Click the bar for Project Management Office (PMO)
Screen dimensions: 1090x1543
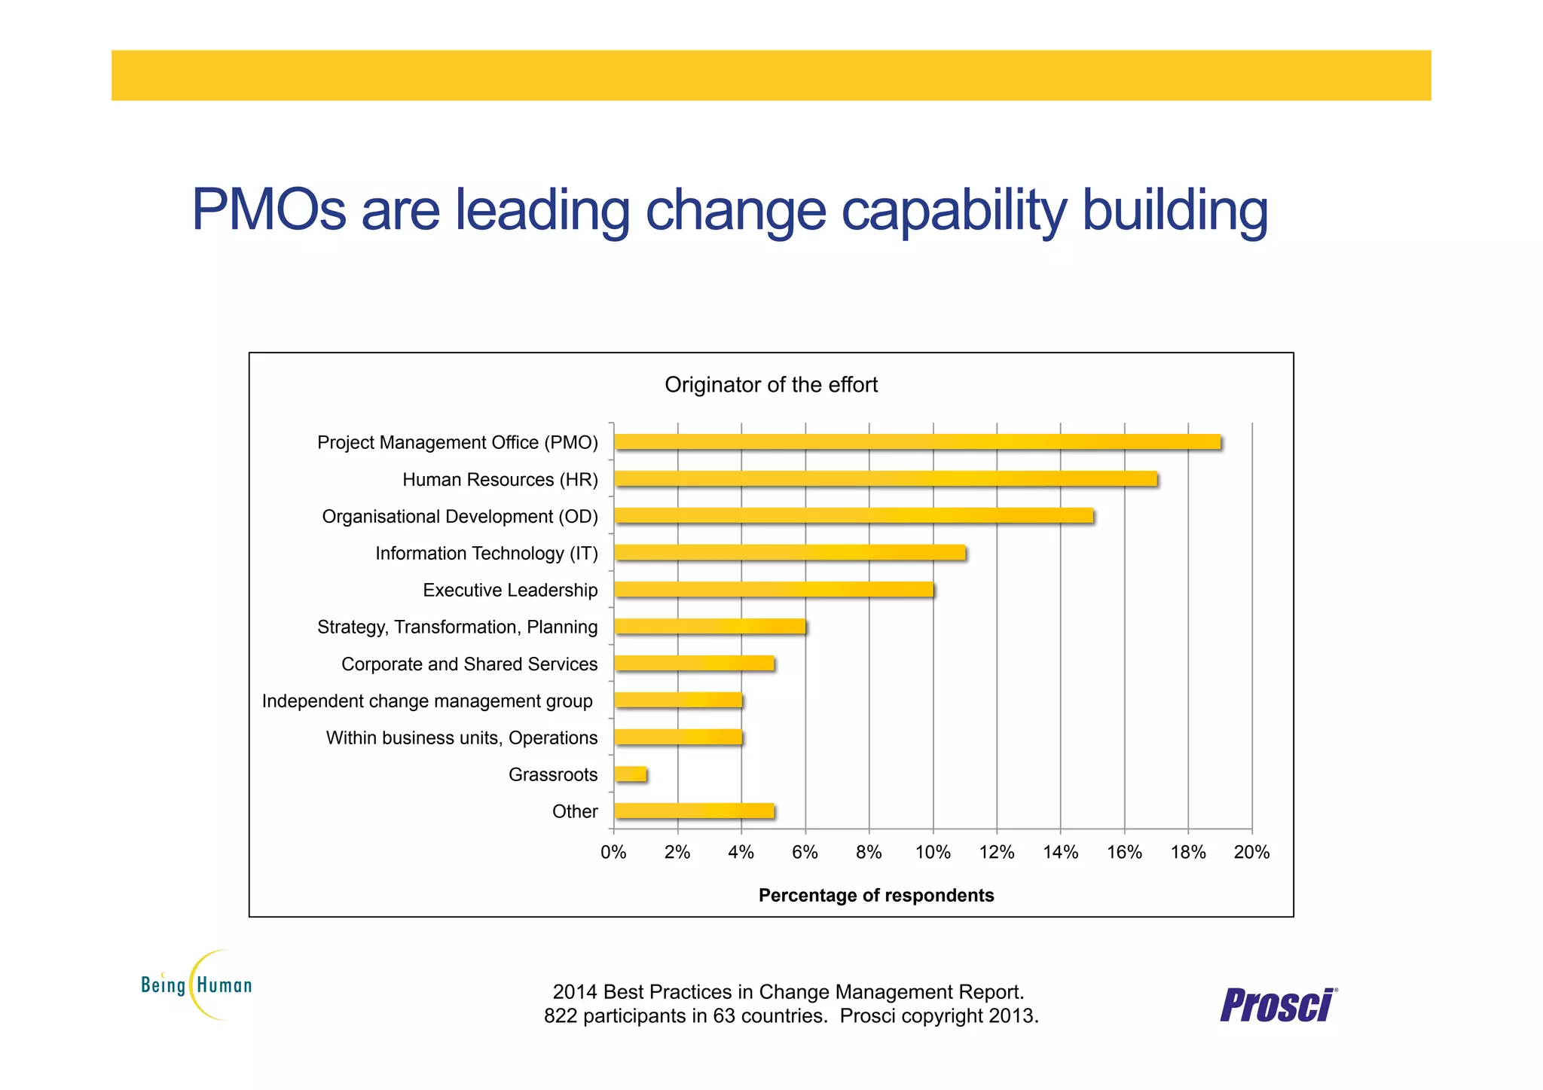coord(917,442)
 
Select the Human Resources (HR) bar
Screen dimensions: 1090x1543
coord(885,479)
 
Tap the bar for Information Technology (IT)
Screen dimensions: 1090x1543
coord(790,553)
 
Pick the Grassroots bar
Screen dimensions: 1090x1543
coord(631,774)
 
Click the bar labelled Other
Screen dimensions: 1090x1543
coord(694,811)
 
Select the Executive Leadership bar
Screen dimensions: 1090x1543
coord(774,590)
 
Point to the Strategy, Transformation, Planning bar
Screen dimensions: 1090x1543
coord(710,627)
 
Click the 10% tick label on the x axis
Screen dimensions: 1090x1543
coord(933,853)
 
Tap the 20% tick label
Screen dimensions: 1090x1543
coord(1251,853)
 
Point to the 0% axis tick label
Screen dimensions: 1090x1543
coord(613,853)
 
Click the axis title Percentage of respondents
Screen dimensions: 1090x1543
coord(875,896)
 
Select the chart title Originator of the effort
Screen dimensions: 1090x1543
coord(771,385)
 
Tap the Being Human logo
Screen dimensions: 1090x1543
coord(197,985)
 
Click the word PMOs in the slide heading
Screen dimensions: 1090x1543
coord(268,209)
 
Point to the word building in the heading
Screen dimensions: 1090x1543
coord(1175,211)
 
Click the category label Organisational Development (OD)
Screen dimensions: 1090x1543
coord(460,517)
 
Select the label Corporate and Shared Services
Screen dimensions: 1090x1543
coord(469,664)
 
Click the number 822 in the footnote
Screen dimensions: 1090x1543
coord(561,1016)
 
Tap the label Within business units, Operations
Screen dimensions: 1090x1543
coord(461,738)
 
